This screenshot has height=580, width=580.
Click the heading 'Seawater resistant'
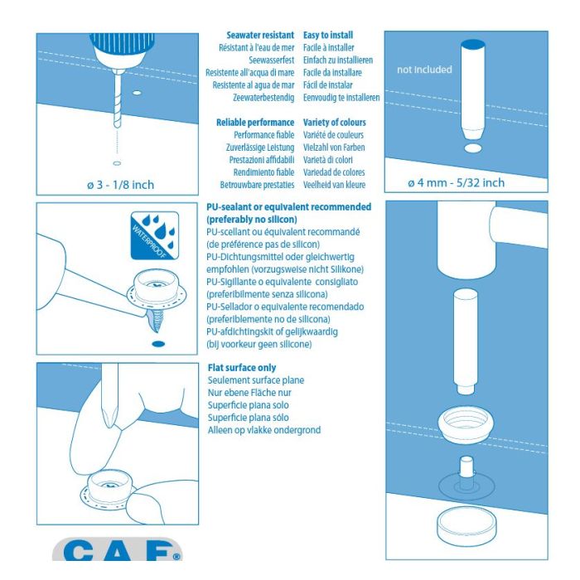(x=260, y=35)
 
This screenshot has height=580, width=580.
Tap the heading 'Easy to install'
(x=328, y=35)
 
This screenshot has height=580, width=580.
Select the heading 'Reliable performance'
(x=255, y=123)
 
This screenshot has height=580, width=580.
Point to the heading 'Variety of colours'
(x=335, y=123)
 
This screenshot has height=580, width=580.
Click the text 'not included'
(x=424, y=70)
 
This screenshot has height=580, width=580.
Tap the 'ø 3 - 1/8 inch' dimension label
(x=121, y=185)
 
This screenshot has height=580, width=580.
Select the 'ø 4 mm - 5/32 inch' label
(x=456, y=183)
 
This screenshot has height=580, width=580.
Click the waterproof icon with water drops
(x=155, y=235)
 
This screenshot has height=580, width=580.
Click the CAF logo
(x=118, y=550)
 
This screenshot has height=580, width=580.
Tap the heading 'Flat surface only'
(x=242, y=368)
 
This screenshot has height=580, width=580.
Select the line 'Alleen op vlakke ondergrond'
(x=264, y=430)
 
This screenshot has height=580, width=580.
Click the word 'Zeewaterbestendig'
(x=263, y=98)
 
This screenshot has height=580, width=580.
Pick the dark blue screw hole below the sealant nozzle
(x=158, y=344)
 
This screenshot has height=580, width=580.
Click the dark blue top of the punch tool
(x=473, y=45)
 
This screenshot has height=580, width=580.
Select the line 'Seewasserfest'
(x=272, y=60)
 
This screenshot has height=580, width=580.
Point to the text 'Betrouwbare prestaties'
(x=257, y=185)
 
